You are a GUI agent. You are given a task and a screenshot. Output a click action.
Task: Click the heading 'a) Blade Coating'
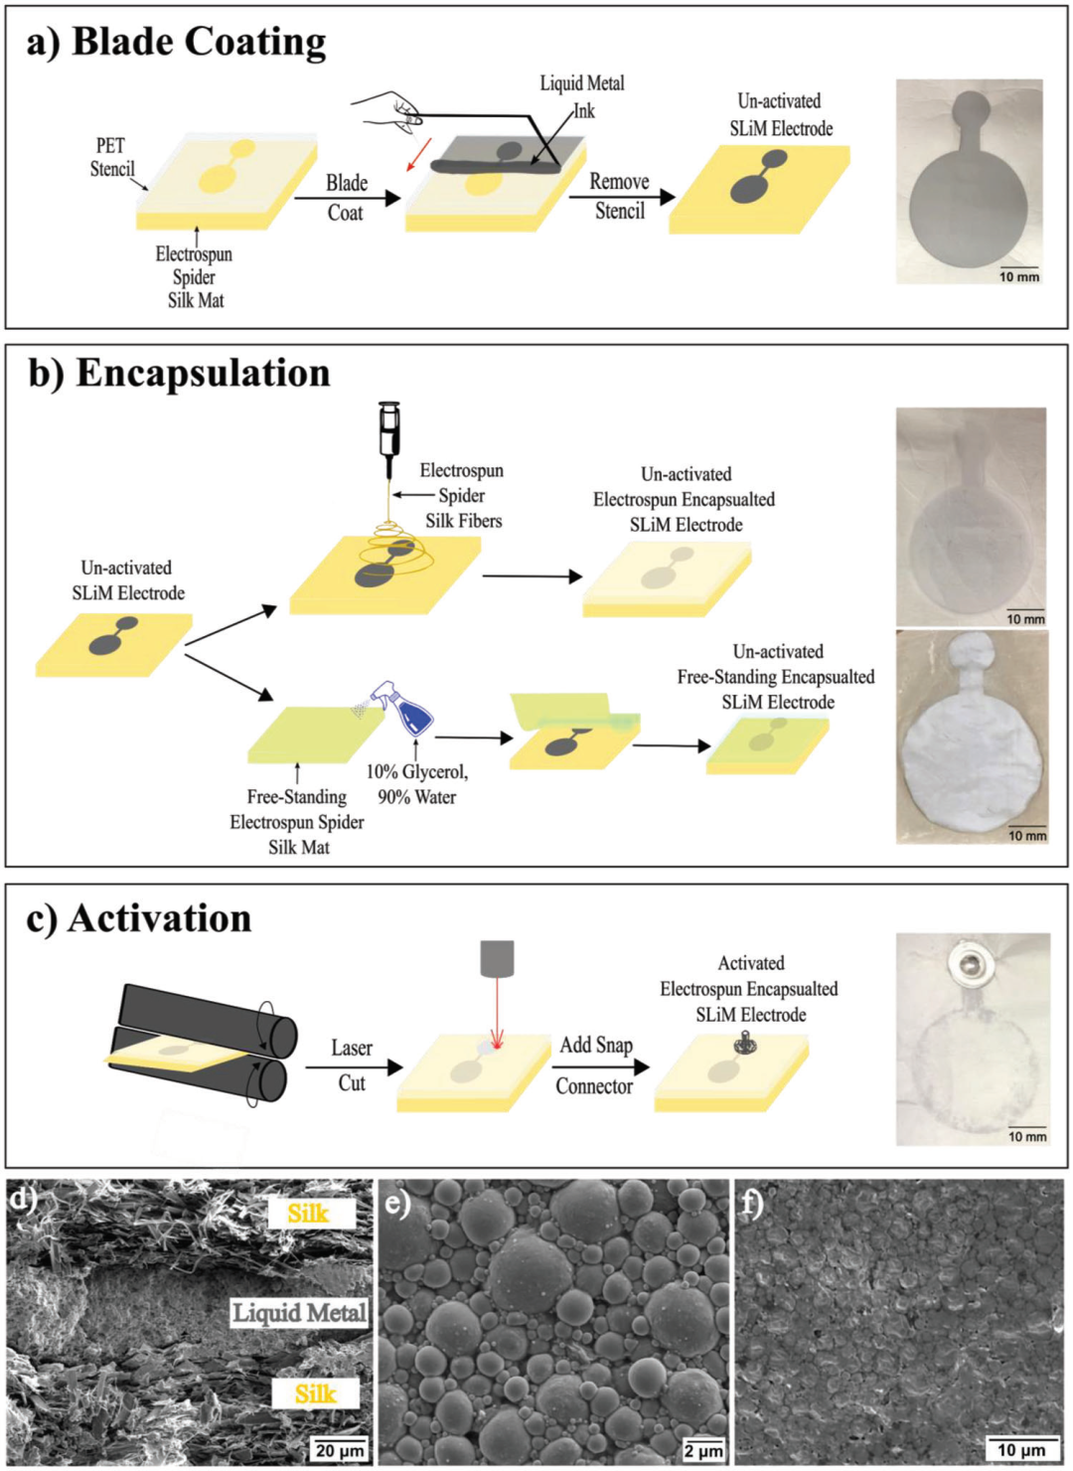(x=176, y=43)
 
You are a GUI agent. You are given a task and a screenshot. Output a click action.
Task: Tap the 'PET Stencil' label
(x=111, y=158)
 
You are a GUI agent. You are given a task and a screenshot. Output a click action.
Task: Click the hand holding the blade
(x=388, y=109)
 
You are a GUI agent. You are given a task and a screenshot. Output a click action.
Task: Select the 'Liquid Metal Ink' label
(x=581, y=96)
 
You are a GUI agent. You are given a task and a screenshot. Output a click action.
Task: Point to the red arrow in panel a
(x=419, y=153)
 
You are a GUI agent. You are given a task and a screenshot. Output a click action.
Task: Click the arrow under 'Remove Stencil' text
(x=622, y=197)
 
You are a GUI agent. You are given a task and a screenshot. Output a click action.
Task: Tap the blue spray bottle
(x=408, y=707)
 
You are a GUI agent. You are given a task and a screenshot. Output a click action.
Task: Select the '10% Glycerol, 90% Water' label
(x=416, y=784)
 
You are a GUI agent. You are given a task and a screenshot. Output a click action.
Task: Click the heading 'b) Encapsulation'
(x=179, y=374)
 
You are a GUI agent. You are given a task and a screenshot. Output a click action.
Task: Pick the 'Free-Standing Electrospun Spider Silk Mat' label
(x=297, y=822)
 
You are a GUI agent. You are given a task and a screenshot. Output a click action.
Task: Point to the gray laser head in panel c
(x=497, y=958)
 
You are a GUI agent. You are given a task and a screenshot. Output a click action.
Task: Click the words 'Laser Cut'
(x=352, y=1065)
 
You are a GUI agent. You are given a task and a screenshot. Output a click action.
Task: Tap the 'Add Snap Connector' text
(x=595, y=1065)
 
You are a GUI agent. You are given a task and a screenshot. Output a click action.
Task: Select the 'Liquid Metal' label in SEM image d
(x=299, y=1313)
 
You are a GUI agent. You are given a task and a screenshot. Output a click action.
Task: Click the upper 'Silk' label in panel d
(x=310, y=1213)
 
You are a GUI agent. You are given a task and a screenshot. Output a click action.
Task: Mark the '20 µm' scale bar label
(x=340, y=1450)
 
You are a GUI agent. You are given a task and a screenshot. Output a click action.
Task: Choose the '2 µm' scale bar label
(x=703, y=1450)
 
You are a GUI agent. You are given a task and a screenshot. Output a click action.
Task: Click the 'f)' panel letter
(x=753, y=1204)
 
